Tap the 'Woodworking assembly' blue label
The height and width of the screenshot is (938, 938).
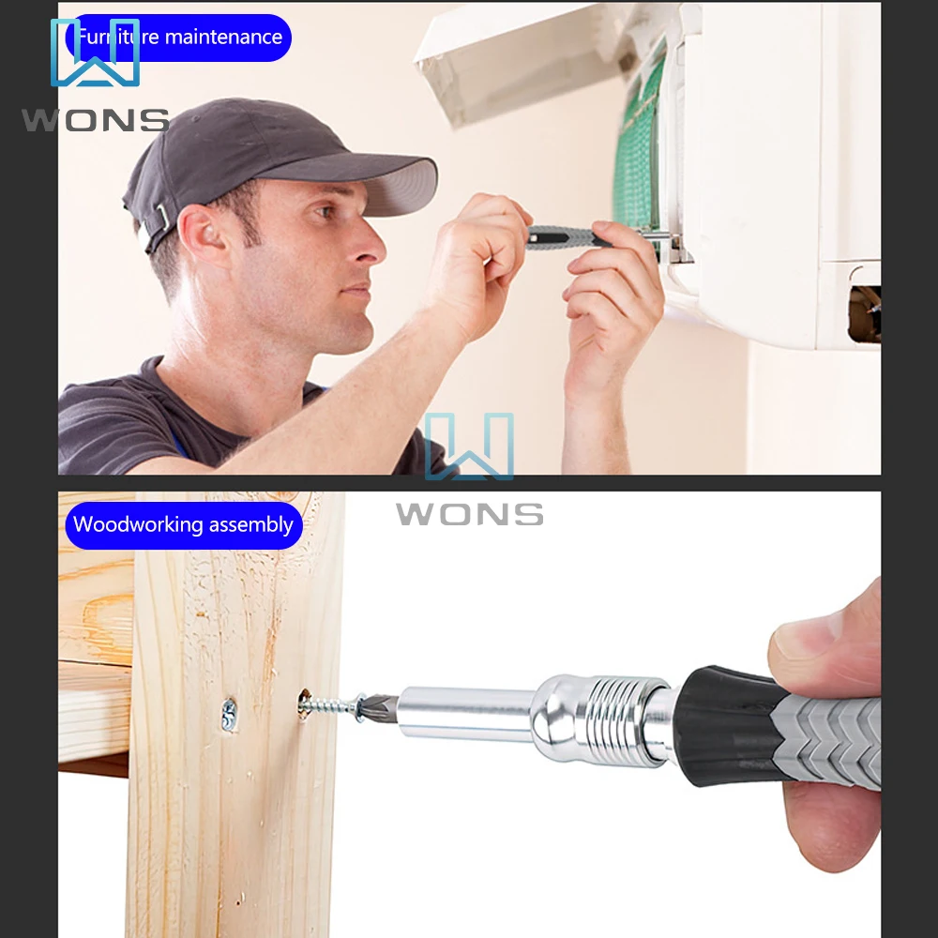(183, 524)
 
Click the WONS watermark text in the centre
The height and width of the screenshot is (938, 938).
(469, 514)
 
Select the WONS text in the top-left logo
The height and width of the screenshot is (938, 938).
(95, 120)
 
